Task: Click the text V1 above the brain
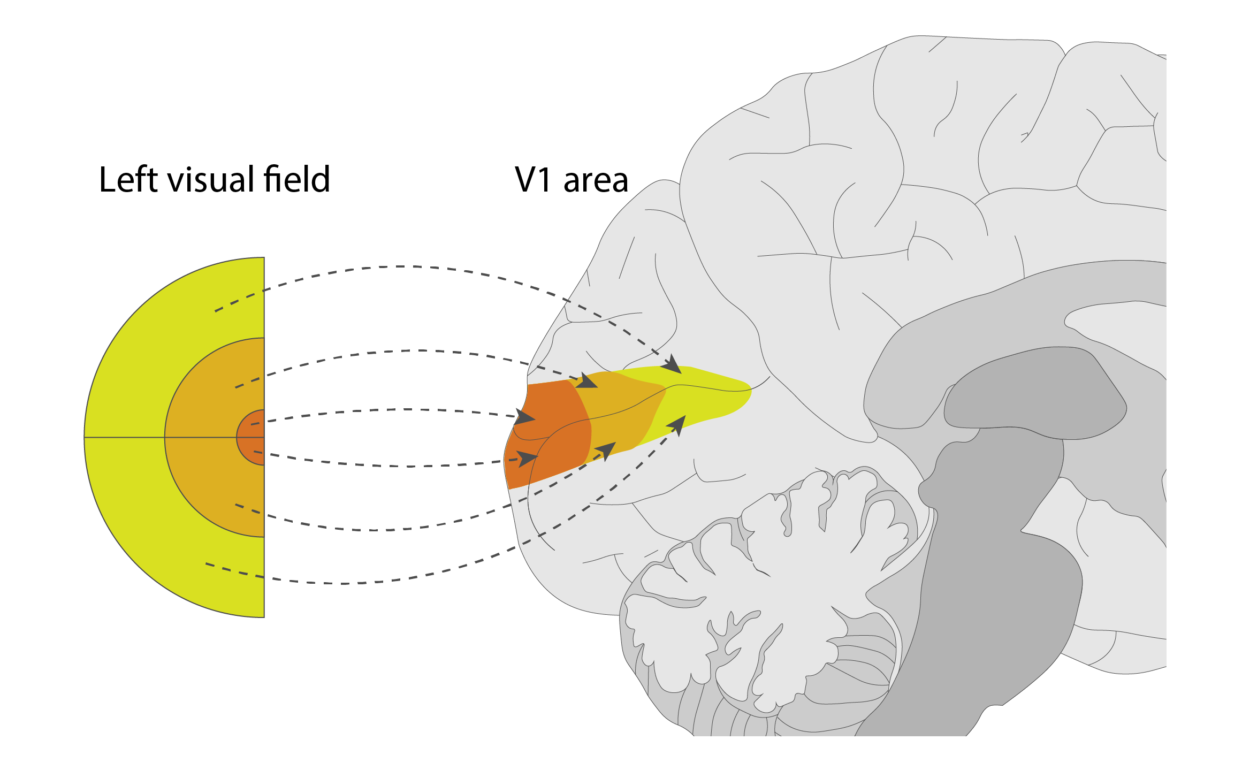(533, 180)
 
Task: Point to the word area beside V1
(596, 181)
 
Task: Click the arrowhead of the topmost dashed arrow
(672, 364)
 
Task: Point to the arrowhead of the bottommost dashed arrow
(677, 426)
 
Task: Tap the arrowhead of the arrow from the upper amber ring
(587, 381)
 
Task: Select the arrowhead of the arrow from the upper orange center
(524, 417)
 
